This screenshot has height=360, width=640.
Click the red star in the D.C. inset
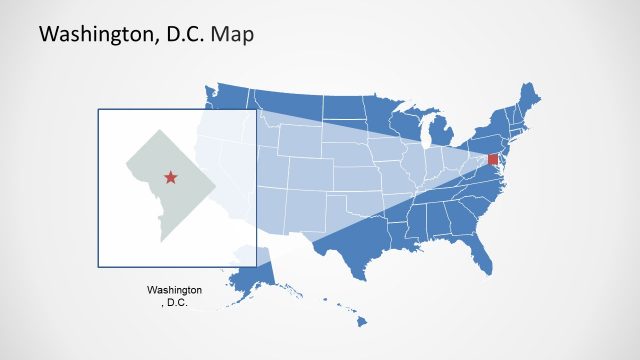(170, 178)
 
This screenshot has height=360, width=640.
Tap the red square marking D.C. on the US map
(492, 160)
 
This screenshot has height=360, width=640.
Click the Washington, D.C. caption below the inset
(174, 295)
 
